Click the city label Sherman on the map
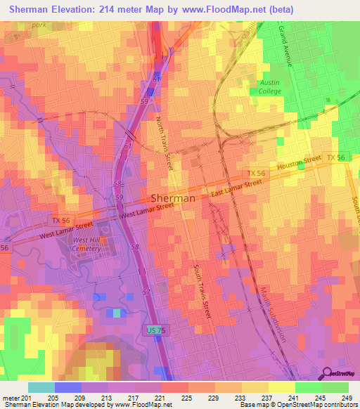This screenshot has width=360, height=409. tap(173, 198)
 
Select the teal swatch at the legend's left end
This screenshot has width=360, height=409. tap(41, 387)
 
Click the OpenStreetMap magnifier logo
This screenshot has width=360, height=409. tap(327, 372)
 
